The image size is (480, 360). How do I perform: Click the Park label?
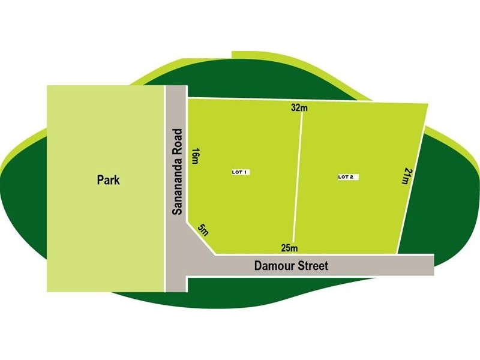pos(109,179)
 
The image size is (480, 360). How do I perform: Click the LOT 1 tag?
pos(240,172)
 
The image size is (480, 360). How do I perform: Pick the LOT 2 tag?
pos(348,177)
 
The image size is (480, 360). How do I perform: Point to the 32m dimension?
pos(299,108)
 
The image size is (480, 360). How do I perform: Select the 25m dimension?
pos(289,248)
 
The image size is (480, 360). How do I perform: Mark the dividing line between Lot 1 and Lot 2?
pos(298,180)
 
